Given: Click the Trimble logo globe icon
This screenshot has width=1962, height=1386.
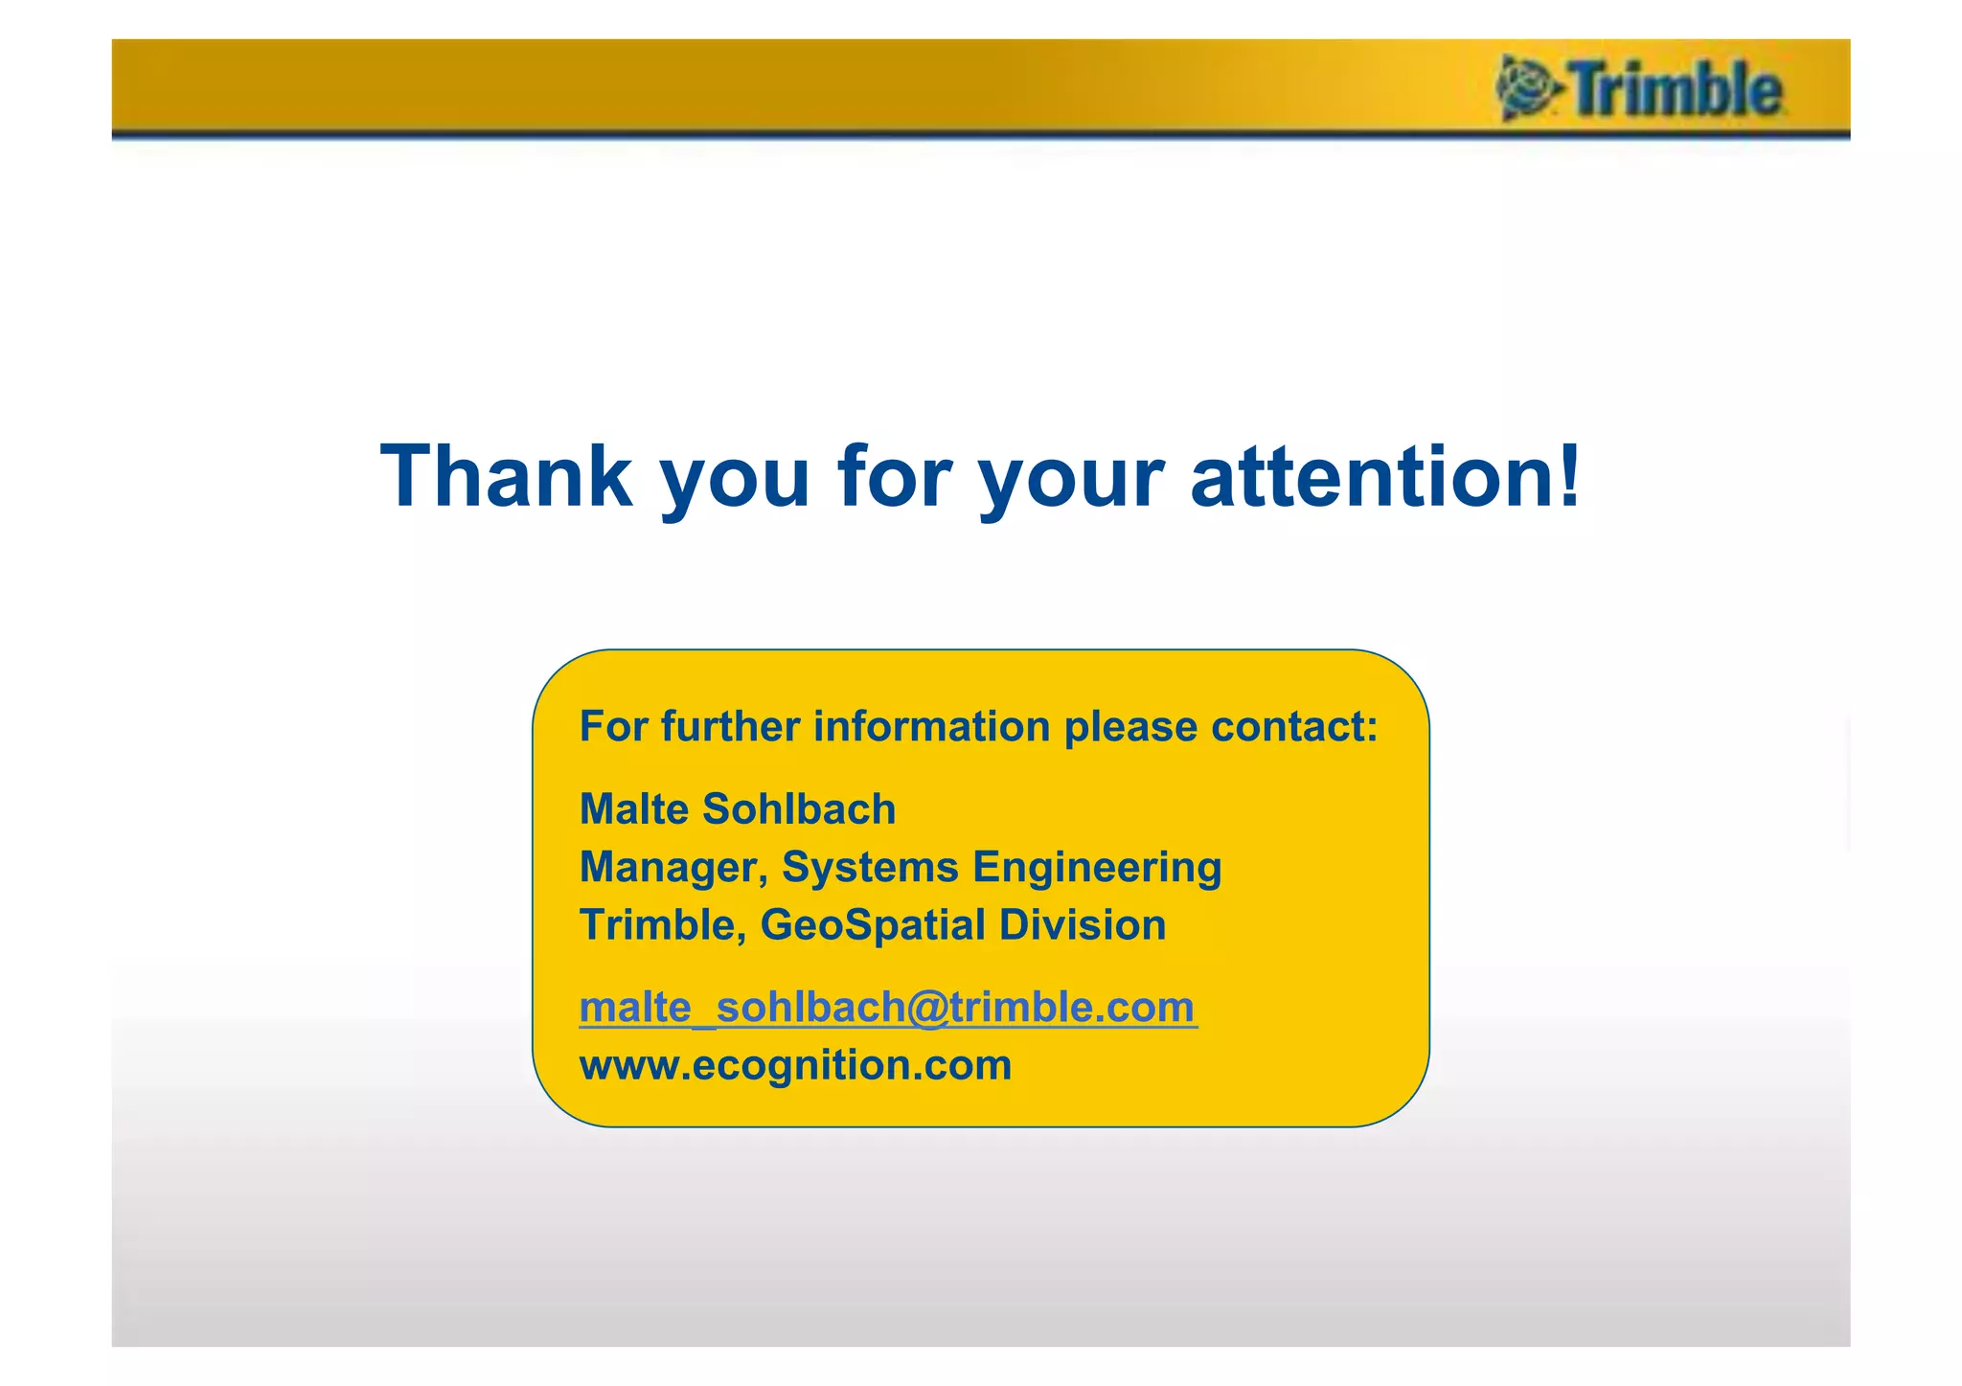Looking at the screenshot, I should [1526, 88].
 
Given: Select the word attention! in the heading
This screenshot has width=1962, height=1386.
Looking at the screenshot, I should [1385, 476].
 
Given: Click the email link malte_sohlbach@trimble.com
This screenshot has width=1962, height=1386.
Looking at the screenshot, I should [887, 1008].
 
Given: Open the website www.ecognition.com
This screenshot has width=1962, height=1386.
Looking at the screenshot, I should [795, 1065].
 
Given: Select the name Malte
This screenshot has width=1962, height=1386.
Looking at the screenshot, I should [633, 809].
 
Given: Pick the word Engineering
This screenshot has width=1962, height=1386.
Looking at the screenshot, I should [1097, 868].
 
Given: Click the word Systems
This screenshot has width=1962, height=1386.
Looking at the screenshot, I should [870, 868].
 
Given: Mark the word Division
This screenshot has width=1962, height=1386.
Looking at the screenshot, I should [1083, 925].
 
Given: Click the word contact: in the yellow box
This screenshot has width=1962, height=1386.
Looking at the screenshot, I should [1294, 727].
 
